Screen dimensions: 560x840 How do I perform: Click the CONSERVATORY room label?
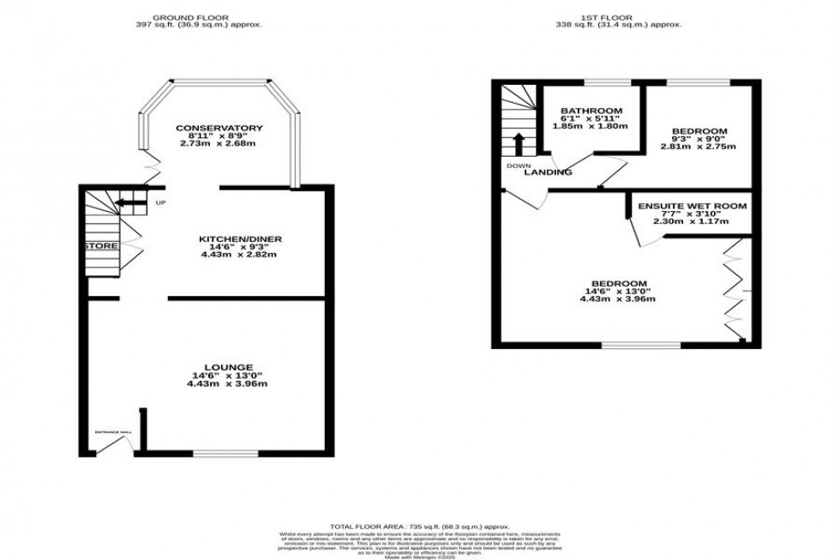[219, 129]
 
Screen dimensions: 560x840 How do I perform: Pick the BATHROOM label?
[591, 111]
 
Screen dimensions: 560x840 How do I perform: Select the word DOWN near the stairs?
[518, 166]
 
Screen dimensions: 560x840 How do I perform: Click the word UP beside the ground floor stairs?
[160, 203]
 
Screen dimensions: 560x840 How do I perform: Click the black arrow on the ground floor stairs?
[127, 203]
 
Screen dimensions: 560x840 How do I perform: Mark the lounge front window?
[225, 453]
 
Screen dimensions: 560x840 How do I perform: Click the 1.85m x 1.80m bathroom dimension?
[591, 126]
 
